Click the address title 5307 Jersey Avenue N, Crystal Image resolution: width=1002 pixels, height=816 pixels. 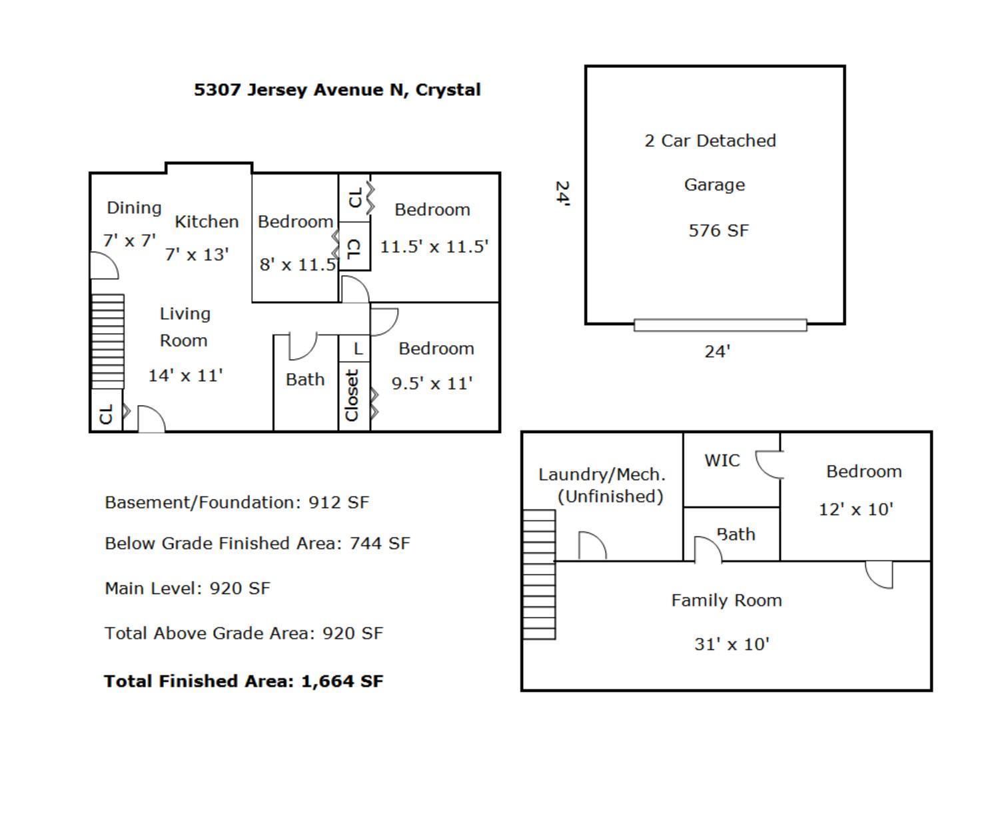pyautogui.click(x=337, y=90)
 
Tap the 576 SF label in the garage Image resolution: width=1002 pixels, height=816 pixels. pyautogui.click(x=718, y=230)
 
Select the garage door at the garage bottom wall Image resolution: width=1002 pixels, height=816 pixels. pyautogui.click(x=720, y=325)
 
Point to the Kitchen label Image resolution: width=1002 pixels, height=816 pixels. pyautogui.click(x=207, y=222)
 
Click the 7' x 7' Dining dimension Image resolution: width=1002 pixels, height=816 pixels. pyautogui.click(x=129, y=240)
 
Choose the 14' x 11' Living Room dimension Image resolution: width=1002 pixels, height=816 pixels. pyautogui.click(x=185, y=376)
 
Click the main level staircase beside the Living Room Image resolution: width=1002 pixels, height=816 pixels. pyautogui.click(x=108, y=341)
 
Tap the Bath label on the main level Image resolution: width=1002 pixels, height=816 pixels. pyautogui.click(x=305, y=380)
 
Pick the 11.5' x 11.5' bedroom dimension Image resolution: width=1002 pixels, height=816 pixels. pyautogui.click(x=434, y=246)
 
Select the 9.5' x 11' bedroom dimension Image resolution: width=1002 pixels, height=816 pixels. pyautogui.click(x=432, y=384)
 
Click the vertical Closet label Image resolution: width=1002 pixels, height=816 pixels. pyautogui.click(x=352, y=396)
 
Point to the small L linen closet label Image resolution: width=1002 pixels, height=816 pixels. pyautogui.click(x=358, y=348)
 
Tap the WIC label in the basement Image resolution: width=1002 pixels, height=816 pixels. pyautogui.click(x=722, y=460)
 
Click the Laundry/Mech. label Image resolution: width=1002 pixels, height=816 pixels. pyautogui.click(x=602, y=475)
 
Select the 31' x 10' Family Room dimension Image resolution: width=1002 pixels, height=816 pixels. pyautogui.click(x=732, y=644)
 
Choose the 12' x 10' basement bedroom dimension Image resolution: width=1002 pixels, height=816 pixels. pyautogui.click(x=855, y=510)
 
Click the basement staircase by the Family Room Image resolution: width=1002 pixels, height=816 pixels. pyautogui.click(x=539, y=574)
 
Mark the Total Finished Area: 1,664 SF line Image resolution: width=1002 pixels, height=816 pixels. pyautogui.click(x=244, y=681)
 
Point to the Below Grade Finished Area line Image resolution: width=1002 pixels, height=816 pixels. pyautogui.click(x=257, y=544)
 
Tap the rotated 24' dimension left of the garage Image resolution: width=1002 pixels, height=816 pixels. pyautogui.click(x=562, y=194)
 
